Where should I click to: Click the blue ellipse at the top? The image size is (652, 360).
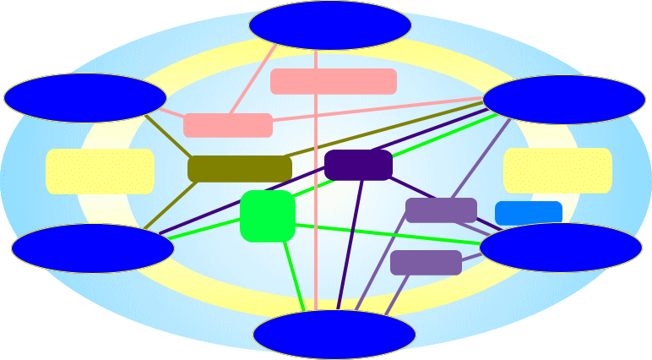coord(329,25)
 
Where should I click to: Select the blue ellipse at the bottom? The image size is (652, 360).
coord(334,335)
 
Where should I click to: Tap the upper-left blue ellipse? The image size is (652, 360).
coord(84,97)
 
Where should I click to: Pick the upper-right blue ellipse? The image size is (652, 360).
coord(563,99)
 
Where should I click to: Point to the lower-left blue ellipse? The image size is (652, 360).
coord(92,248)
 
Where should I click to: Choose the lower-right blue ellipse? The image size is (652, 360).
coord(560,247)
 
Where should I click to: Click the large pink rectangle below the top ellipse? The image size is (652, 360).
coord(333,81)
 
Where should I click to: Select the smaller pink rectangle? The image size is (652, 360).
coord(227,125)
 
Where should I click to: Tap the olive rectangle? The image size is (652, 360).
coord(239,168)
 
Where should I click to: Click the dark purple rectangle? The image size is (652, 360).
coord(358,165)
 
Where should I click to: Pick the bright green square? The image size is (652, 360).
coord(267,215)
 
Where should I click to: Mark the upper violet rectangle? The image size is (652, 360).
coord(440,210)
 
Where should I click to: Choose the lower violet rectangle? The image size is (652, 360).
coord(426,262)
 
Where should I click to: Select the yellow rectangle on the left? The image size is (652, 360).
coord(100,171)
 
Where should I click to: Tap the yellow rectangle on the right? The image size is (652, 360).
coord(557,170)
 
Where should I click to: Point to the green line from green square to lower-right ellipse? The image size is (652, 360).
coord(388,235)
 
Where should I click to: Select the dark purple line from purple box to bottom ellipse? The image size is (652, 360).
coord(350,245)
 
